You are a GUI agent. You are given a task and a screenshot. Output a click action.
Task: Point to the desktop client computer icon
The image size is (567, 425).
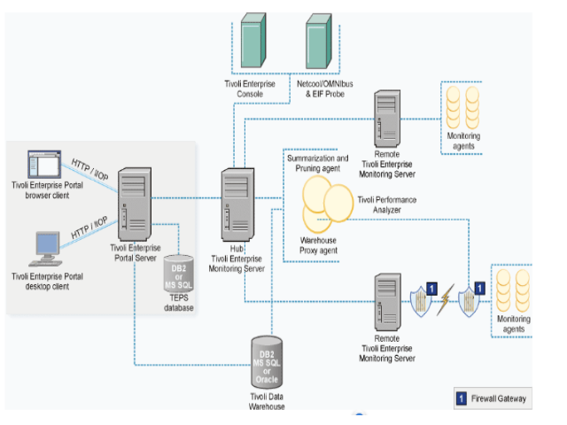tap(47, 249)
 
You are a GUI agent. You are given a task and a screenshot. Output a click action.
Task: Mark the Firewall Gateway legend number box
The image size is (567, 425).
tap(462, 398)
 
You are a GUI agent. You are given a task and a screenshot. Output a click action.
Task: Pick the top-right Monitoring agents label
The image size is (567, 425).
tap(463, 141)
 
